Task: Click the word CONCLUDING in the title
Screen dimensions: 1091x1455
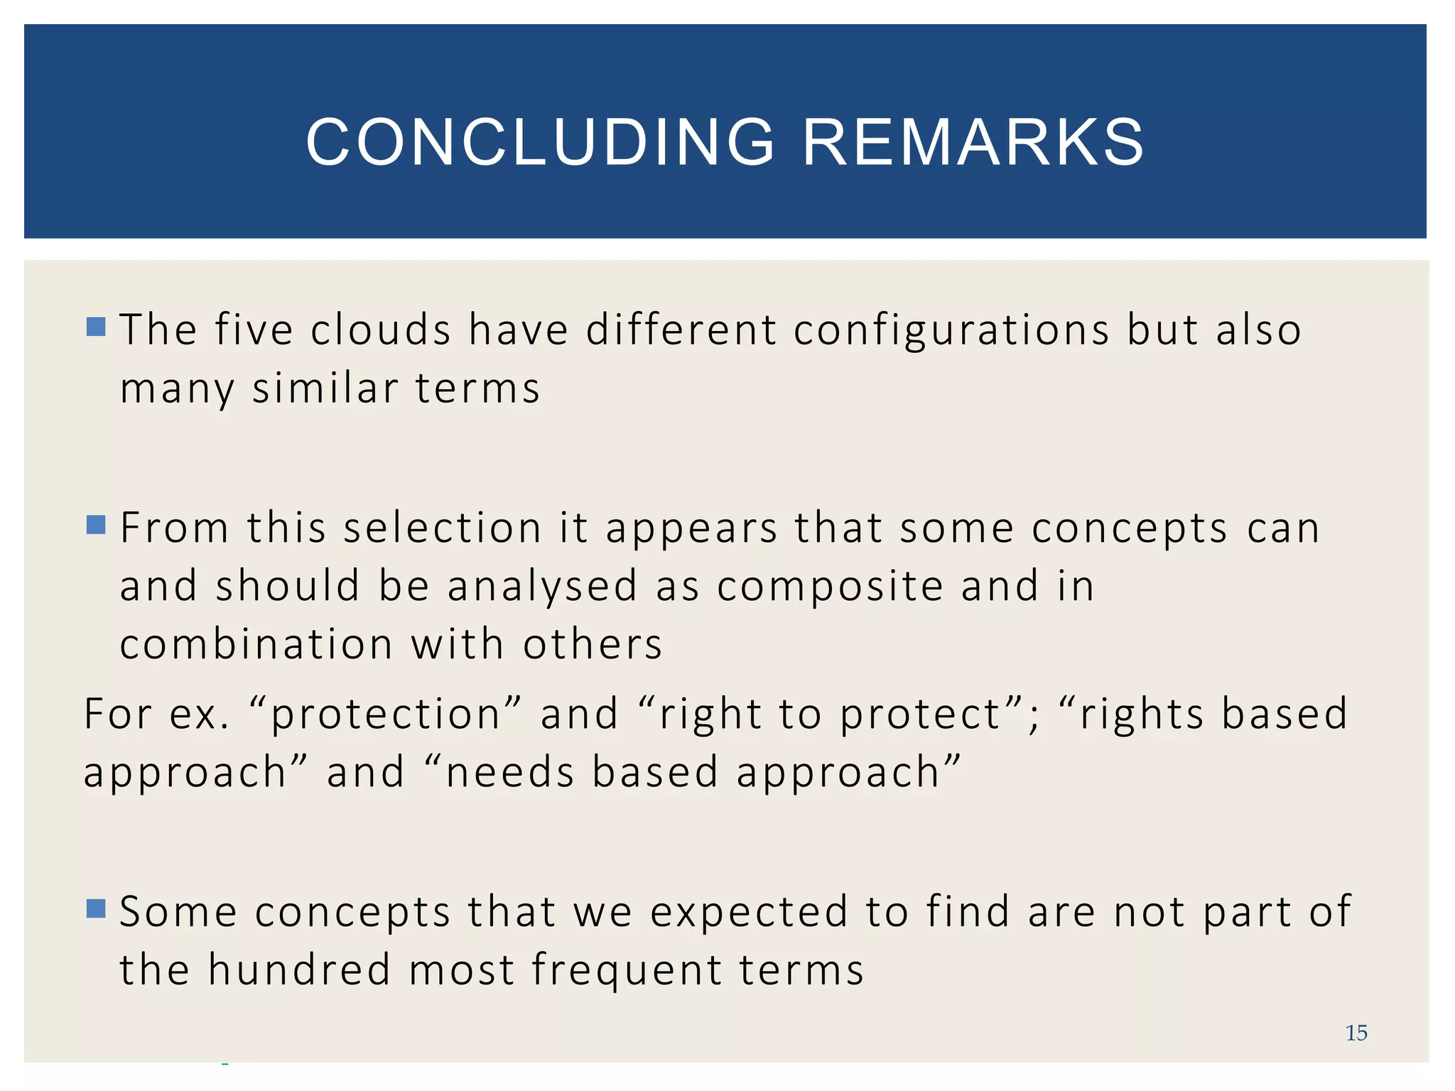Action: click(x=540, y=143)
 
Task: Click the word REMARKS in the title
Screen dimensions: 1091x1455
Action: click(x=973, y=143)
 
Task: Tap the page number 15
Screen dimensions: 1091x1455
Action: click(x=1356, y=1033)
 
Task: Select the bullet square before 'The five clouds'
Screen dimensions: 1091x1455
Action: click(x=96, y=327)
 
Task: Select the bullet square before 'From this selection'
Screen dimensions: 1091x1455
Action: click(x=96, y=525)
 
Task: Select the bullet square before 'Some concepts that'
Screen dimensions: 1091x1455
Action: click(x=96, y=908)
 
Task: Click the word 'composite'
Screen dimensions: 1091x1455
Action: click(x=830, y=588)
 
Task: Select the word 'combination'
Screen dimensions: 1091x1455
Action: click(x=256, y=645)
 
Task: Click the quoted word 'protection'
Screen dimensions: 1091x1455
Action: click(x=386, y=715)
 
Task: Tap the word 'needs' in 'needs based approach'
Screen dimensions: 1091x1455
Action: click(x=509, y=773)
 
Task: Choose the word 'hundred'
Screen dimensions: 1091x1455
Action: click(x=299, y=970)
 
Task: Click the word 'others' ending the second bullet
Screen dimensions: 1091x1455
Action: click(x=592, y=645)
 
